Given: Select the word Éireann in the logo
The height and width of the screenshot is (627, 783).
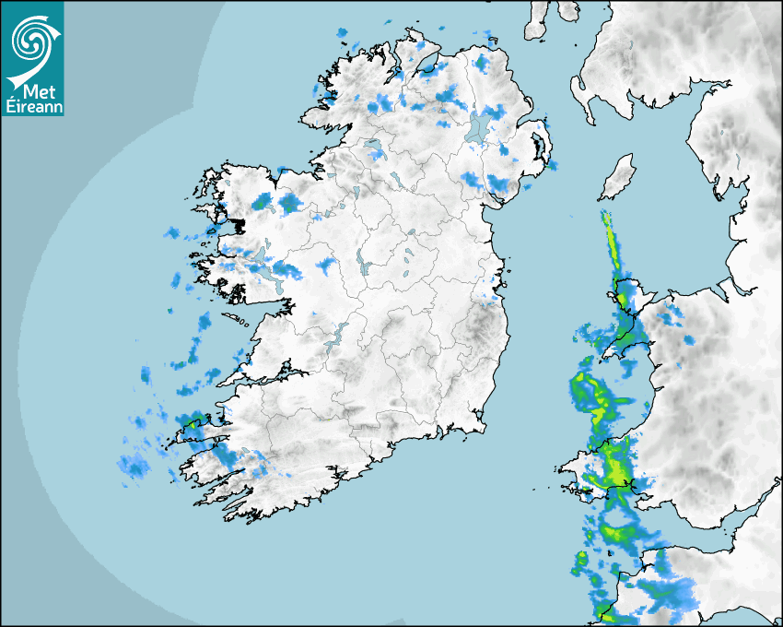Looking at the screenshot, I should pyautogui.click(x=32, y=106).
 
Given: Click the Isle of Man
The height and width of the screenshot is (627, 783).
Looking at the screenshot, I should pyautogui.click(x=617, y=178).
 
